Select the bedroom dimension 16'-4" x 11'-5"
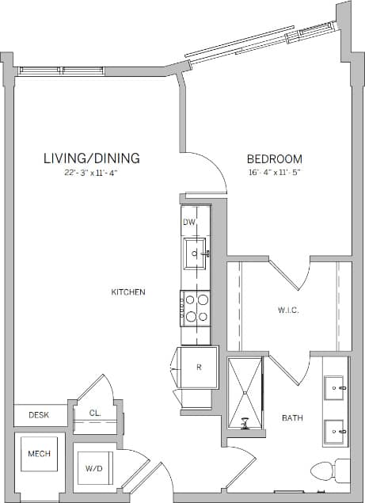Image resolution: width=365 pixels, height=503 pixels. click(275, 172)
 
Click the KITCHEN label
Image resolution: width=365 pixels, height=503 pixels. click(127, 292)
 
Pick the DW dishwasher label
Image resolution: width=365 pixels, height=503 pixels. click(188, 223)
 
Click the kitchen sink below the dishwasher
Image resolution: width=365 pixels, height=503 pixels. click(195, 254)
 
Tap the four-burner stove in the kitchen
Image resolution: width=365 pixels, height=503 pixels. click(195, 307)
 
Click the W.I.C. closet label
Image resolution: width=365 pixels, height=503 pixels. click(287, 310)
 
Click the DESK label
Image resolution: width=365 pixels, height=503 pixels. click(38, 414)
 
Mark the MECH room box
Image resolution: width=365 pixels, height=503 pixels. click(40, 454)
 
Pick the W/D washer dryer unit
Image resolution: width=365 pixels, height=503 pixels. click(94, 467)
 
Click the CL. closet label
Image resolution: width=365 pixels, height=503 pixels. click(94, 413)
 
